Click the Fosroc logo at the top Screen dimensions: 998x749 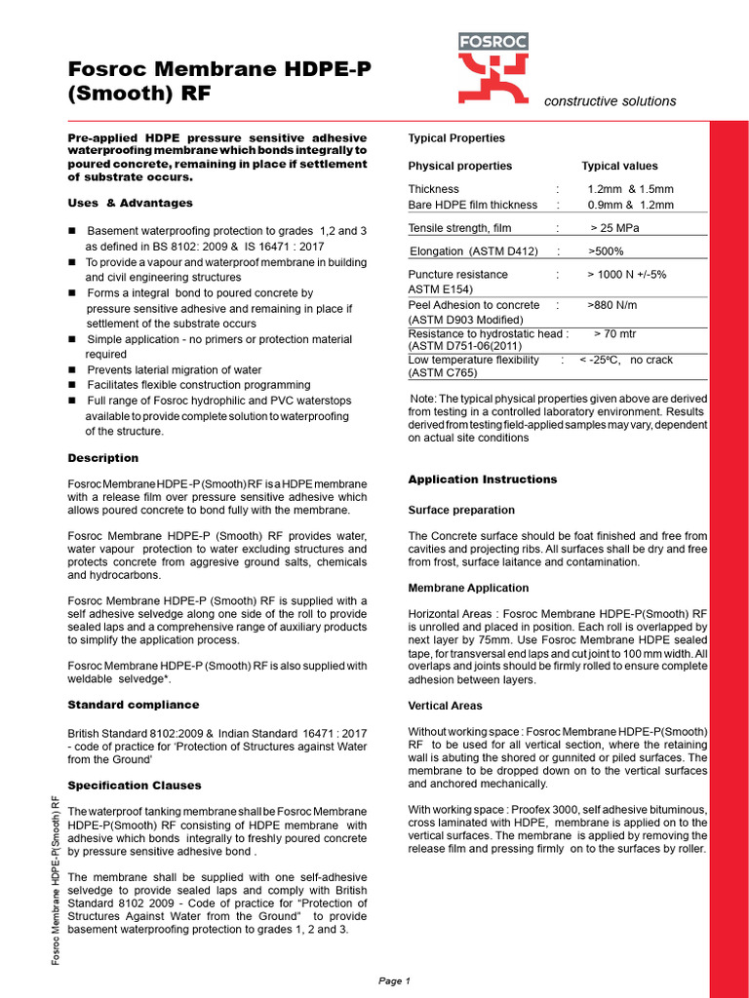499,67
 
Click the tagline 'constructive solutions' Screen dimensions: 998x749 610,101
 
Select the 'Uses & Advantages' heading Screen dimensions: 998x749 130,203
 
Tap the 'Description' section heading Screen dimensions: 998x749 102,458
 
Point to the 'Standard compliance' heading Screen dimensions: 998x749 133,705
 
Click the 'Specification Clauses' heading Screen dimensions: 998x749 135,786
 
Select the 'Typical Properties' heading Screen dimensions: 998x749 456,138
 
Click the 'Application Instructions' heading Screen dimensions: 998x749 483,480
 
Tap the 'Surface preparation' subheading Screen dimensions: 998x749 461,511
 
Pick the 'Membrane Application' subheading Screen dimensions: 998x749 468,589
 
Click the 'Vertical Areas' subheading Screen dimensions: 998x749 445,706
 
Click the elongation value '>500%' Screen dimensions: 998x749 609,251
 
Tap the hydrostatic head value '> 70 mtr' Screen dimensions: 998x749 617,333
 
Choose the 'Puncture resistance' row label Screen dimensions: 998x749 457,275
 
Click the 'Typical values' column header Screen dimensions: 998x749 619,166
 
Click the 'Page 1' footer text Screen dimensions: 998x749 395,980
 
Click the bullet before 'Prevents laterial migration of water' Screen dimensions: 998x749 72,370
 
